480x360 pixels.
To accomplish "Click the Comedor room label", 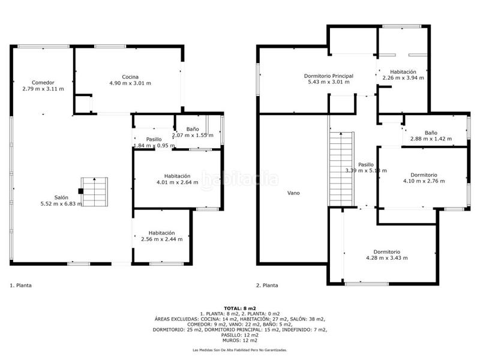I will (43, 82).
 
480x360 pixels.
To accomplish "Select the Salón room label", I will (61, 197).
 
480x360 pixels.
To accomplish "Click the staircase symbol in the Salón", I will (94, 192).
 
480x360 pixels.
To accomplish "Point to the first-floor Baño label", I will (192, 129).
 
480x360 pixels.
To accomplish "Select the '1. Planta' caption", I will (21, 286).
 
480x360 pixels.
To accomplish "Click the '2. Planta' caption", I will (268, 286).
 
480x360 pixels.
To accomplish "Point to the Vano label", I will (293, 193).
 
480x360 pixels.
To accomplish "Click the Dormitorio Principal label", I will (328, 76).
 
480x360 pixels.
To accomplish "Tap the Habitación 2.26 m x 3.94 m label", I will (403, 71).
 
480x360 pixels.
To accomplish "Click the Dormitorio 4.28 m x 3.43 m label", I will (386, 251).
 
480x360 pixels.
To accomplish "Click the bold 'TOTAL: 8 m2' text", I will (239, 308).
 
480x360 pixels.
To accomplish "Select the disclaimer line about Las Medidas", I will (239, 350).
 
